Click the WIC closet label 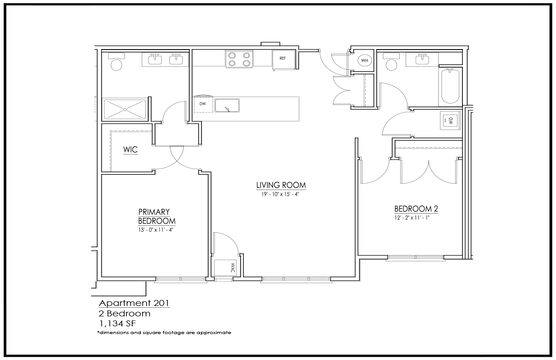[130, 150]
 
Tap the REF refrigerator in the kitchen [283, 60]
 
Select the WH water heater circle [365, 60]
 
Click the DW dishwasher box [203, 104]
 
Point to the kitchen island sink [227, 105]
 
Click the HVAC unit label [233, 268]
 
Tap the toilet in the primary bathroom [116, 62]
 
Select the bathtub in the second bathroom [450, 86]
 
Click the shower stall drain [125, 109]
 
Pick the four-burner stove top [239, 59]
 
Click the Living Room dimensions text [280, 194]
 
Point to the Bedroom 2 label [416, 209]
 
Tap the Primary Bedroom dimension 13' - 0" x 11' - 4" [156, 230]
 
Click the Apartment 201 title [134, 303]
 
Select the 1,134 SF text [117, 324]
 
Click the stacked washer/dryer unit [450, 120]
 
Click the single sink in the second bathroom [422, 60]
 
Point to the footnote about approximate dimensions [164, 332]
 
